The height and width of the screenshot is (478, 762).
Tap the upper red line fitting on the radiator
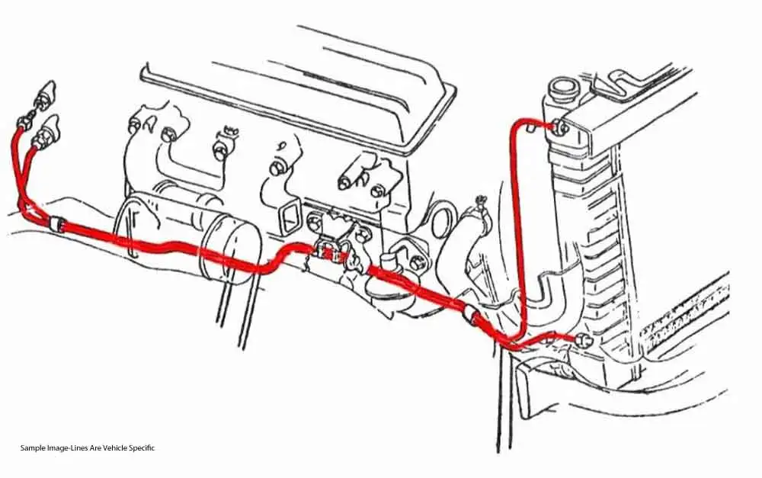[560, 127]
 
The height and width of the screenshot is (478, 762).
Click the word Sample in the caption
[33, 448]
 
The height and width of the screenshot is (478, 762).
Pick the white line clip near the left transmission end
[54, 224]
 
